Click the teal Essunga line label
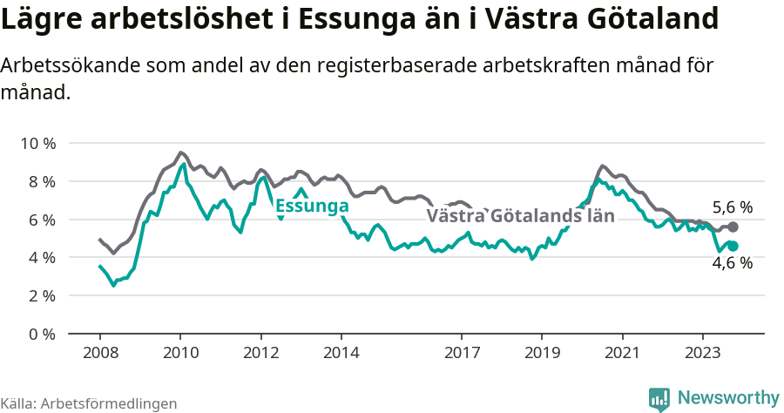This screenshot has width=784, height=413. (312, 206)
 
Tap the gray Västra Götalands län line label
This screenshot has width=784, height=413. (520, 215)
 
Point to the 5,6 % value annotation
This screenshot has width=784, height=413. (732, 207)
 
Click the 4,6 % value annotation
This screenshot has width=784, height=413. (732, 263)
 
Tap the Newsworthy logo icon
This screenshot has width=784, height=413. (659, 398)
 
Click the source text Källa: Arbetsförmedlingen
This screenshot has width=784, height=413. (89, 403)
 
